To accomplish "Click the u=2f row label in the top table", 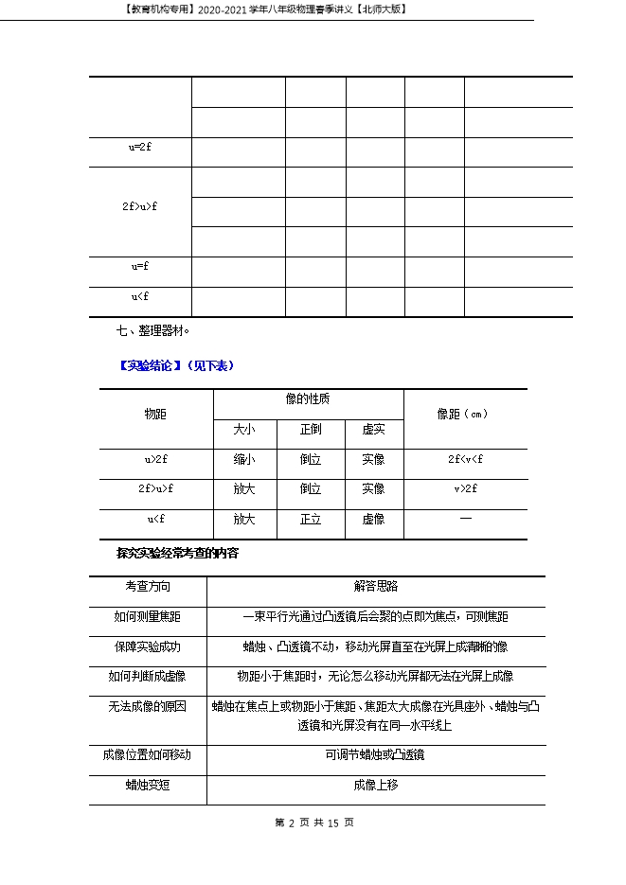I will point(140,148).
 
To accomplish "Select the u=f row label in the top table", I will point(140,267).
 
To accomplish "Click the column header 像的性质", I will point(308,399).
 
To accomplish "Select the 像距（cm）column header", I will point(464,415).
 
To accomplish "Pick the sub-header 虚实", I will point(373,430).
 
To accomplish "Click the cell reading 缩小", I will point(244,460).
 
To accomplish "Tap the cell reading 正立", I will point(311,520).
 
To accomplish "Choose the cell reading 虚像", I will point(373,520).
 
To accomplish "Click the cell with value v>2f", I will point(466,489).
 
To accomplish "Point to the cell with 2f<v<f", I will point(466,460).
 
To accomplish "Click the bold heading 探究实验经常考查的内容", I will point(177,553).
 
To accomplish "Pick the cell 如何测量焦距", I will point(148,617).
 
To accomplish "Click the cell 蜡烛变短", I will point(148,785).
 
